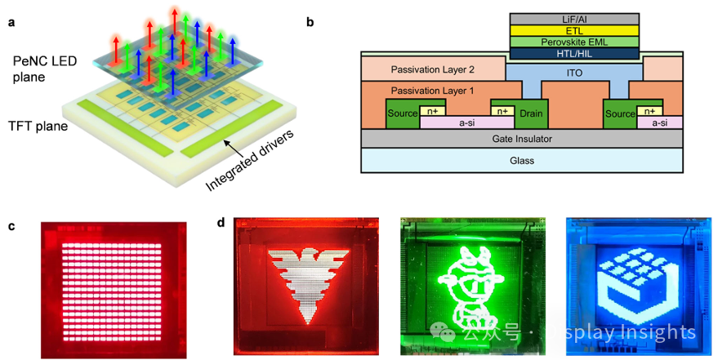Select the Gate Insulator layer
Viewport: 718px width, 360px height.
[x=523, y=140]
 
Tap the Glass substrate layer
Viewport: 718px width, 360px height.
[x=523, y=161]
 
